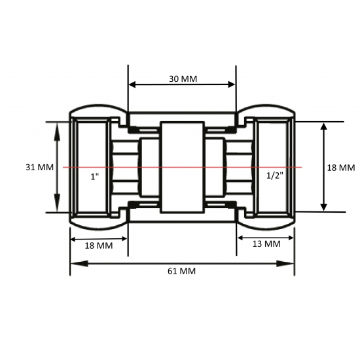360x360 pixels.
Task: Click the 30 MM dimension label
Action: (183, 79)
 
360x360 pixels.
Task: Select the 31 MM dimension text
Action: (39, 168)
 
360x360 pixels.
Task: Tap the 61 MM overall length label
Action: (182, 270)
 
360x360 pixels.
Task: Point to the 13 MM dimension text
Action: (266, 243)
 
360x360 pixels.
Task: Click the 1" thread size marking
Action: (94, 176)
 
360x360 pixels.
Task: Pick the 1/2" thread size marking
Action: (276, 176)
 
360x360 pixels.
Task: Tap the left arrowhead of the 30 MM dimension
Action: (132, 84)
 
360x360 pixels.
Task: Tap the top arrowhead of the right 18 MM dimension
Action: (323, 127)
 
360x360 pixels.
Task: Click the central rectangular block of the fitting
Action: (183, 168)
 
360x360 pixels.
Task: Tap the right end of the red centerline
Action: (300, 168)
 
